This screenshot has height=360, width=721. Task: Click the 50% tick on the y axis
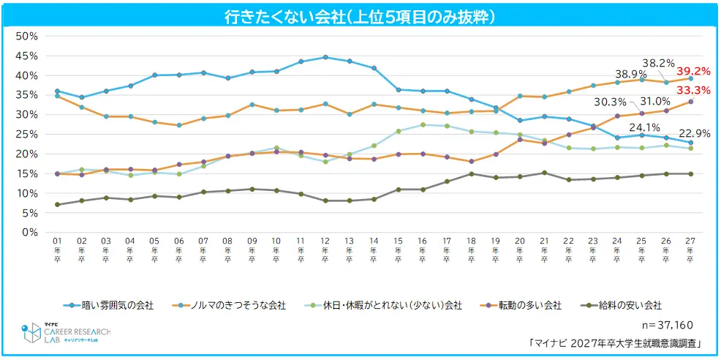click(x=27, y=36)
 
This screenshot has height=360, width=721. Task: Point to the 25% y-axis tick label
click(x=27, y=134)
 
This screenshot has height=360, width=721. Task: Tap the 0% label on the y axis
click(x=30, y=232)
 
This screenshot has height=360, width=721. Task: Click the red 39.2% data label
click(x=692, y=72)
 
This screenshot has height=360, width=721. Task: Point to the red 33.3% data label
click(x=692, y=90)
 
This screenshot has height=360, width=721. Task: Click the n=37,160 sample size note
click(x=663, y=324)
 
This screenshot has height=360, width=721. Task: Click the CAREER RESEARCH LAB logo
click(x=67, y=334)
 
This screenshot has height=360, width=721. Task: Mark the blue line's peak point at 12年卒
click(x=325, y=57)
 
